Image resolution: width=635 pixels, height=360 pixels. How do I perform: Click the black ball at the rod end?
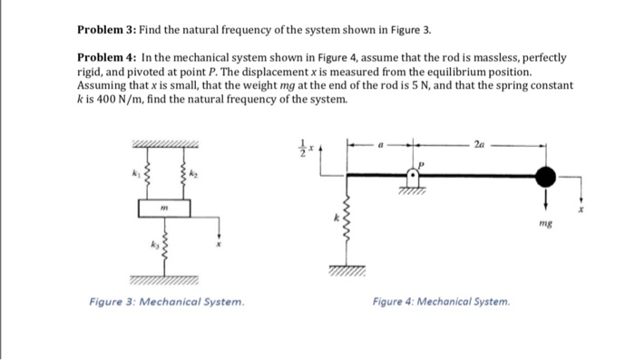coord(545,174)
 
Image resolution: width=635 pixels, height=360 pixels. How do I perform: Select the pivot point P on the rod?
coord(415,175)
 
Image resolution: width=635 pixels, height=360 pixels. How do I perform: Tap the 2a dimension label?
coord(479,143)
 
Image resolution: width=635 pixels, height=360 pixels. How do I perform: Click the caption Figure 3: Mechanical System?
coord(166,302)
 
